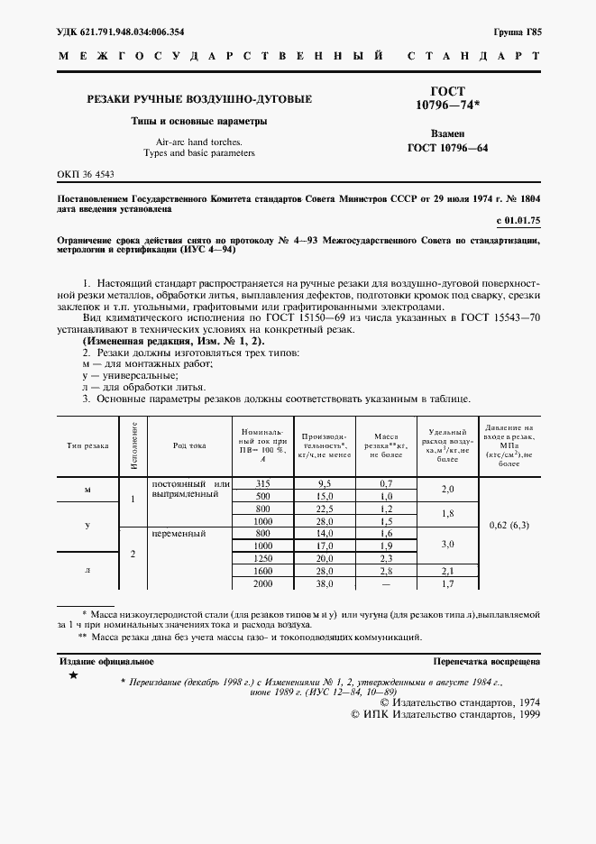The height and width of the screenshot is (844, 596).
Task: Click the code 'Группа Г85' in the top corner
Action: [x=517, y=32]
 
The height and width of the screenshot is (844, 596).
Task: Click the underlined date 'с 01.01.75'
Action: [x=519, y=220]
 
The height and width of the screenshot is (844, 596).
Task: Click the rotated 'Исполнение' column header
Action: [x=133, y=444]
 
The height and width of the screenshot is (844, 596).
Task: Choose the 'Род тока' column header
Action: [x=189, y=445]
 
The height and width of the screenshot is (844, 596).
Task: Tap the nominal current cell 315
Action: [x=262, y=484]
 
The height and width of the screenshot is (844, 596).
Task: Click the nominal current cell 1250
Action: [x=262, y=559]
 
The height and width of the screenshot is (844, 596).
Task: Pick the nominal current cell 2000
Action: [x=262, y=584]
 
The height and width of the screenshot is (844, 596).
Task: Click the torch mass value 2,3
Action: [x=386, y=559]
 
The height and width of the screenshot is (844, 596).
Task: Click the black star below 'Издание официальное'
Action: [x=73, y=676]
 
